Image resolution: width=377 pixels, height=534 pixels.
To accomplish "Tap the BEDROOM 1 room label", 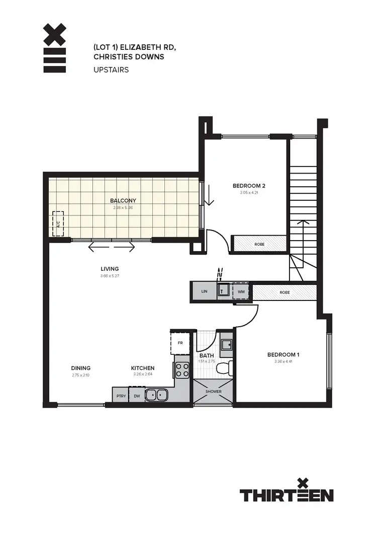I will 283,355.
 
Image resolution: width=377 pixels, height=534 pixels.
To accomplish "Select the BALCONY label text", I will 123,200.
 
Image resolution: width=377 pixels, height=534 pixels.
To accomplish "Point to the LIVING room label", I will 109,269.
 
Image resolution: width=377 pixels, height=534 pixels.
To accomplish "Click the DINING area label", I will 80,368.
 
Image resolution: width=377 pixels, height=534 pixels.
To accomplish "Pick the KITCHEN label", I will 143,368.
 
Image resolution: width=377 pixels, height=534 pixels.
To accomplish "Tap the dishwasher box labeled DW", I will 137,396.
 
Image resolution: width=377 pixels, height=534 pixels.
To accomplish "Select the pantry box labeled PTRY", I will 121,396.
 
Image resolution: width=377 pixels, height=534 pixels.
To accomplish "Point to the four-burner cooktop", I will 182,370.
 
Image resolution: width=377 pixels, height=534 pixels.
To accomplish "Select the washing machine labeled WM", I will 241,291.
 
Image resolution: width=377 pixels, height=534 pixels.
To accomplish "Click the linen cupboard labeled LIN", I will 204,291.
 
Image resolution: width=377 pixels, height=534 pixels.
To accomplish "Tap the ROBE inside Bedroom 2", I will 259,244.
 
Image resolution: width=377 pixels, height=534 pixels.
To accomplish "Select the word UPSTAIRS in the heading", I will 111,69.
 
